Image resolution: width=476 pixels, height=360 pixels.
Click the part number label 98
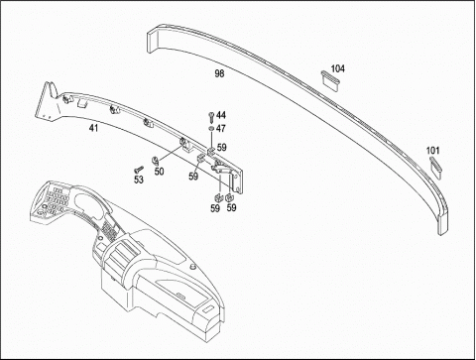click(x=219, y=73)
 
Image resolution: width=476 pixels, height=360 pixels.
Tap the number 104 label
click(x=337, y=68)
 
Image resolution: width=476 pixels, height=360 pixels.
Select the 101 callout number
click(x=432, y=151)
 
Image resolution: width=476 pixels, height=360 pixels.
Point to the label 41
click(x=93, y=128)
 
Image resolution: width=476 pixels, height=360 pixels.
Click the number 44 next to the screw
click(x=221, y=115)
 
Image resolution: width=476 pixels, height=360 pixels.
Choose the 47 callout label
click(x=221, y=128)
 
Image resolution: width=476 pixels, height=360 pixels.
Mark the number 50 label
click(x=159, y=172)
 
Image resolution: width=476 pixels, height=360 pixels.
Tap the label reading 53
click(x=139, y=180)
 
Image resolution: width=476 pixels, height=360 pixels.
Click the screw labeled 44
click(x=211, y=117)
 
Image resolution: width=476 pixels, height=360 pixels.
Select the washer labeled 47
click(x=211, y=128)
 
